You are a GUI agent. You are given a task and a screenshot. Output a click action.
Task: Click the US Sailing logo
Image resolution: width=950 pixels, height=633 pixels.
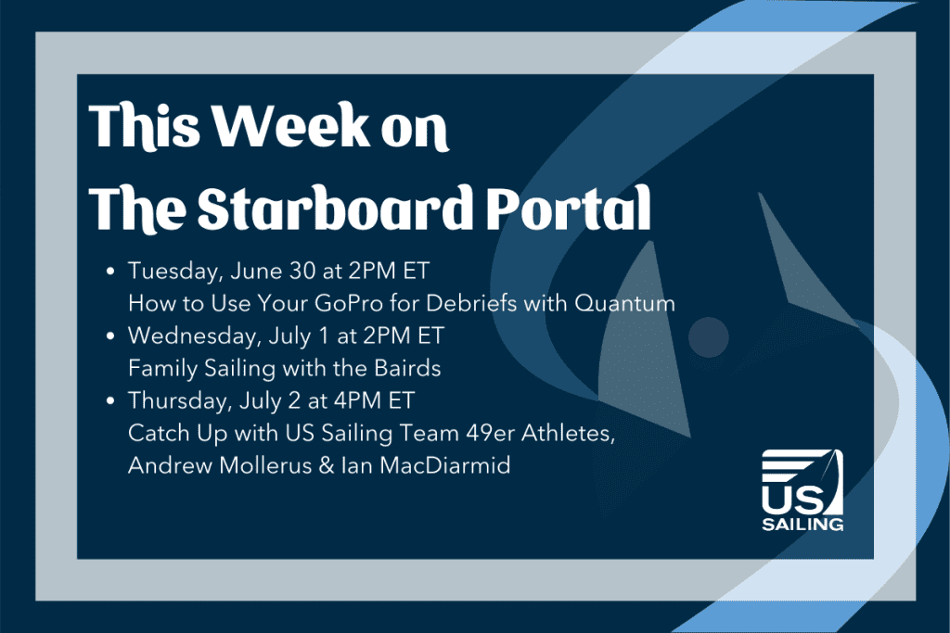coord(802,490)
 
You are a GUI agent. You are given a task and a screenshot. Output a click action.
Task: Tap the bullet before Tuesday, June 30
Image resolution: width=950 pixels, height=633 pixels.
coord(110,272)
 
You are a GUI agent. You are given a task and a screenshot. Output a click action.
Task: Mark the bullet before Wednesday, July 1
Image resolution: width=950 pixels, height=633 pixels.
coord(110,335)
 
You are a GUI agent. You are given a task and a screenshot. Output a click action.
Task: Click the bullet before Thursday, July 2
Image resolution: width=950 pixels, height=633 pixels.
coord(110,400)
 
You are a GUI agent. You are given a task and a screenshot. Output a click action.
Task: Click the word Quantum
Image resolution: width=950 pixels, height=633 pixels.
coord(624,303)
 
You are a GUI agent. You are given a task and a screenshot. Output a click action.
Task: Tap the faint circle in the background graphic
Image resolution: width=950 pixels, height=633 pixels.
coord(708,337)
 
